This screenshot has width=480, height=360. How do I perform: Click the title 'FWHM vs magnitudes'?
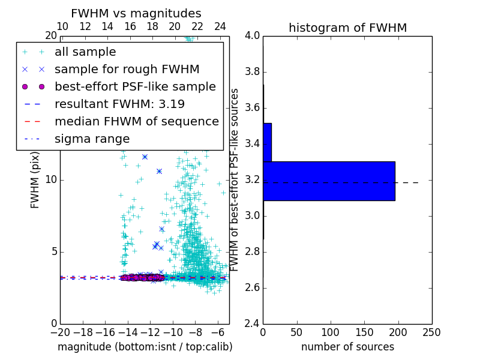(x=136, y=13)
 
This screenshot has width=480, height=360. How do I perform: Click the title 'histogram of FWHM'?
(x=347, y=28)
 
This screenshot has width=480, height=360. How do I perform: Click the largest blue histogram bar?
(x=329, y=181)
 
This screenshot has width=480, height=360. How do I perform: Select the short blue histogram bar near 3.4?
(x=267, y=142)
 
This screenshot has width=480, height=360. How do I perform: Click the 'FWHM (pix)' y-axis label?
(x=35, y=180)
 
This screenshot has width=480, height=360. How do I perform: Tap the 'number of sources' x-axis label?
(x=347, y=347)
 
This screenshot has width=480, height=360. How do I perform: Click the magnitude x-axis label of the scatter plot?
(x=145, y=347)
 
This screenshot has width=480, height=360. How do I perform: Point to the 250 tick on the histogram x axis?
(x=431, y=332)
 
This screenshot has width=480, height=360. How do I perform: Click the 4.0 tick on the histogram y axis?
(x=252, y=35)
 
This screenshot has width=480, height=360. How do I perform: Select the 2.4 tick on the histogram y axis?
(x=252, y=323)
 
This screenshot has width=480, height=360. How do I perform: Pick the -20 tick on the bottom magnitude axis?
(x=60, y=332)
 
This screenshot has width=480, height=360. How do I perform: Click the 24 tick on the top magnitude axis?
(x=220, y=26)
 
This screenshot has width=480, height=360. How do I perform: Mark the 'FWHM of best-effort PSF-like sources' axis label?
(x=235, y=179)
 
